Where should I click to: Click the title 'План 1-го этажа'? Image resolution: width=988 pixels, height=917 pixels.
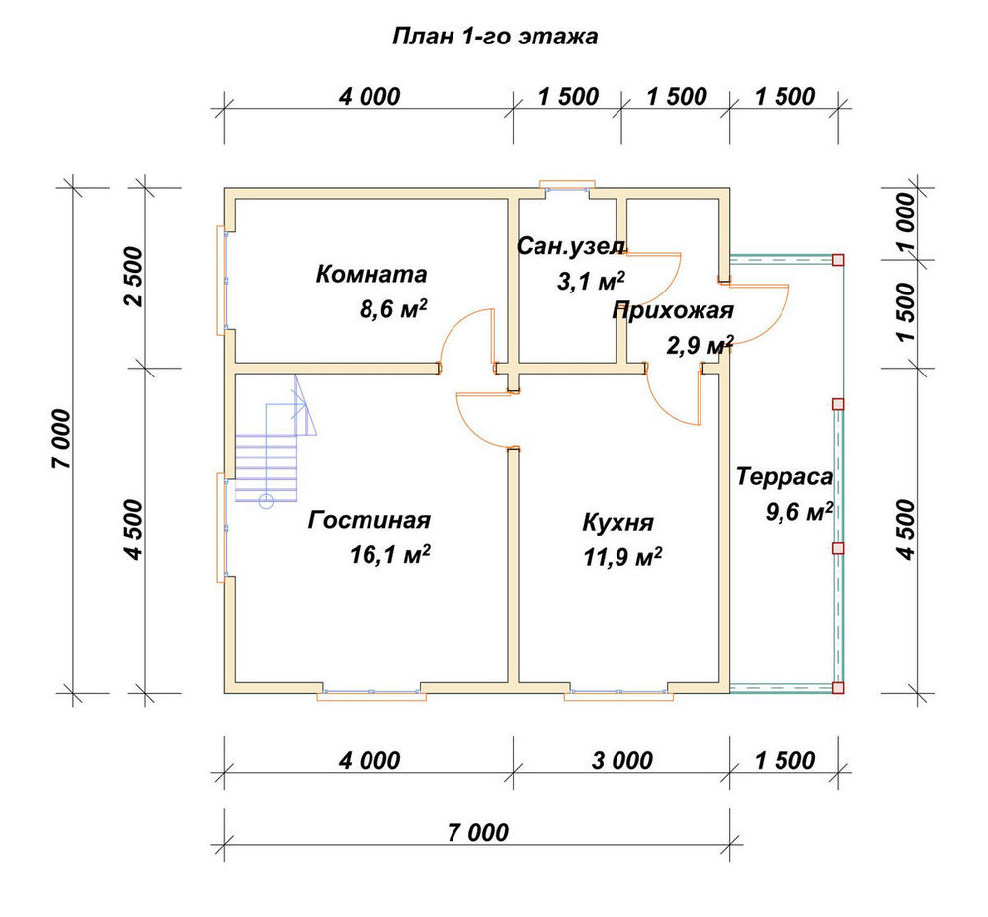click(x=495, y=37)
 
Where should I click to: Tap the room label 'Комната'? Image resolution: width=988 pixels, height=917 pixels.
click(x=371, y=274)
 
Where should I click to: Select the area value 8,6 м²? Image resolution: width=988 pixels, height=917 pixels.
click(x=394, y=309)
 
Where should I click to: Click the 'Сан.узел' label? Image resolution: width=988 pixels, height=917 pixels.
click(x=571, y=246)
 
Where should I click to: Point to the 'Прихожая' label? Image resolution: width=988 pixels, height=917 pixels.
click(x=673, y=311)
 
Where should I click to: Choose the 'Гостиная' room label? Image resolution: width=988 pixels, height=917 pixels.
click(x=370, y=520)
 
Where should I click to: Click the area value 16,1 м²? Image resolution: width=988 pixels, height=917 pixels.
click(x=390, y=555)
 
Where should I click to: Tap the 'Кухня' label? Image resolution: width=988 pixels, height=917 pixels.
click(x=618, y=523)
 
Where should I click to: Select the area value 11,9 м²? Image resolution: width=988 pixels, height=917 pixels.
click(x=622, y=557)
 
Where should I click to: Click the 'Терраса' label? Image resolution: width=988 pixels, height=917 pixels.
click(x=784, y=477)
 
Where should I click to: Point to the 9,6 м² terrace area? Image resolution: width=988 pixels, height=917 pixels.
click(x=799, y=511)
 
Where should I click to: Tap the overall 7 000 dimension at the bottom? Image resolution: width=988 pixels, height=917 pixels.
click(x=478, y=833)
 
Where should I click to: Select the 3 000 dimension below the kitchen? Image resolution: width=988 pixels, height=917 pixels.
click(x=621, y=761)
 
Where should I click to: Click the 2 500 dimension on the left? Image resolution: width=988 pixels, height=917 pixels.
click(x=134, y=278)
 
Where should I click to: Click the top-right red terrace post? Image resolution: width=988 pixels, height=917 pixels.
click(x=838, y=260)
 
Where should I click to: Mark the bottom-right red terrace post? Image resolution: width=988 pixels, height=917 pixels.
click(x=838, y=687)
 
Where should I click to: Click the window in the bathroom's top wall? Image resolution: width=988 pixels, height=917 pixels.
click(x=568, y=187)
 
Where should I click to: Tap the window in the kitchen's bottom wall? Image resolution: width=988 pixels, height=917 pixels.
click(x=618, y=693)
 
